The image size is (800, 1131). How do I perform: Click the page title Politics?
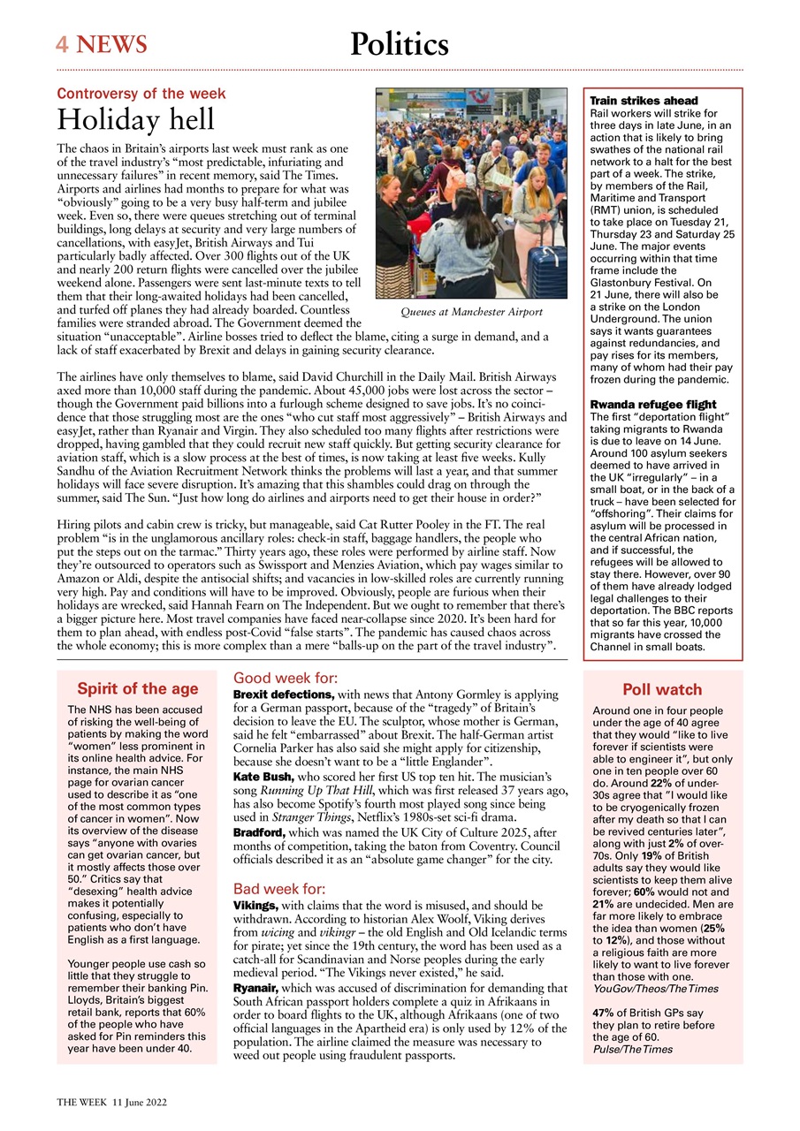(399, 43)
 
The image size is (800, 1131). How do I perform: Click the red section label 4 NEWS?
(102, 43)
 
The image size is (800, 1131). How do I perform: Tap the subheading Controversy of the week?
(141, 93)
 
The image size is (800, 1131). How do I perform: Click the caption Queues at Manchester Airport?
(471, 312)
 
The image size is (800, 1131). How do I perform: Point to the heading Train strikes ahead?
(644, 101)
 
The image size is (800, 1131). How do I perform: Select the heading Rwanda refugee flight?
(652, 405)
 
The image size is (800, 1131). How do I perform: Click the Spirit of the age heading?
(137, 689)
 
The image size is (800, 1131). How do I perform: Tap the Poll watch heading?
(662, 689)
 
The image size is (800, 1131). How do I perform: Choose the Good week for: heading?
(285, 679)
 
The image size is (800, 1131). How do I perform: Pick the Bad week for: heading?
(278, 889)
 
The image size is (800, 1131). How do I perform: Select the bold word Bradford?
(257, 832)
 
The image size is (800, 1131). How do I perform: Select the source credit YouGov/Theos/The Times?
(655, 988)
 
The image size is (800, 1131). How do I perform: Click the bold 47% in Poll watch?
(603, 1013)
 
